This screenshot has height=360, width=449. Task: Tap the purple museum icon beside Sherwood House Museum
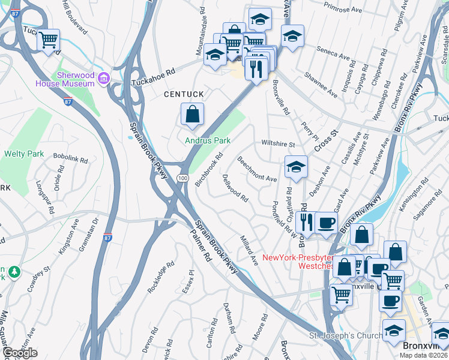[103, 77]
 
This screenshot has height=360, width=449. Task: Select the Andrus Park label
[208, 140]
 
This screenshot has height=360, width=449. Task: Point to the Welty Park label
[24, 154]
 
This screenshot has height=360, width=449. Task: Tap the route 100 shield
[182, 178]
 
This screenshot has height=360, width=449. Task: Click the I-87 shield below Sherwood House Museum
[68, 101]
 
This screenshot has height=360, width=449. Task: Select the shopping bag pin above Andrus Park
[192, 115]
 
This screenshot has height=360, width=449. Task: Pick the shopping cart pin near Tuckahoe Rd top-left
[48, 41]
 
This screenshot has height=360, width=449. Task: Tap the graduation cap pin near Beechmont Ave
[296, 168]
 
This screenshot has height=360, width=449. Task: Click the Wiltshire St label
[277, 144]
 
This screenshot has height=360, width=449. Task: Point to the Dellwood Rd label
[235, 188]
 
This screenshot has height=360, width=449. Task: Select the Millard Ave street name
[249, 251]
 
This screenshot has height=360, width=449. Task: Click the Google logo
[20, 353]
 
